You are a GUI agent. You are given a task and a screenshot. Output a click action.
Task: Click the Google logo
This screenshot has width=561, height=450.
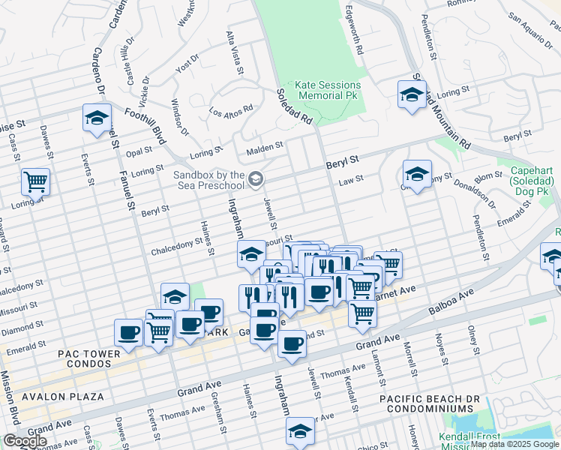coord(25,441)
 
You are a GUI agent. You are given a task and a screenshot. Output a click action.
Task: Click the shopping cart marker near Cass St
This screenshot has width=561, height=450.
coord(35,181)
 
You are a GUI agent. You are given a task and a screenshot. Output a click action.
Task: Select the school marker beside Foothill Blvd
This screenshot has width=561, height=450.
coord(97,117)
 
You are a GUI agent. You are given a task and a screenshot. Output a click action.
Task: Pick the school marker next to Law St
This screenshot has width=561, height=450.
coord(417,174)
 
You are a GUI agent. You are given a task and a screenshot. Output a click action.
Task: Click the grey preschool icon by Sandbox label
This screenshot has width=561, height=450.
coord(256,178)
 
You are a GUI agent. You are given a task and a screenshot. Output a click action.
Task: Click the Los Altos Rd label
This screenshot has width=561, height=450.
coord(231,110)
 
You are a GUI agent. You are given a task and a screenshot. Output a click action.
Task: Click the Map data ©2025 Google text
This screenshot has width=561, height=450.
coord(514,444)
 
